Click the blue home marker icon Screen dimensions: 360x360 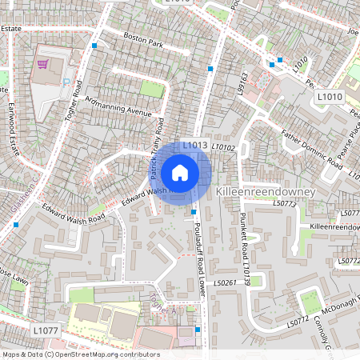180,172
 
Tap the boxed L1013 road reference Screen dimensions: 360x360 194,146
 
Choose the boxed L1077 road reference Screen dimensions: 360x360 46,329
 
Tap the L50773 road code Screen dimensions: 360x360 284,204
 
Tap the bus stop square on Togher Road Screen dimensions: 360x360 94,46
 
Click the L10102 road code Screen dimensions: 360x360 223,147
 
